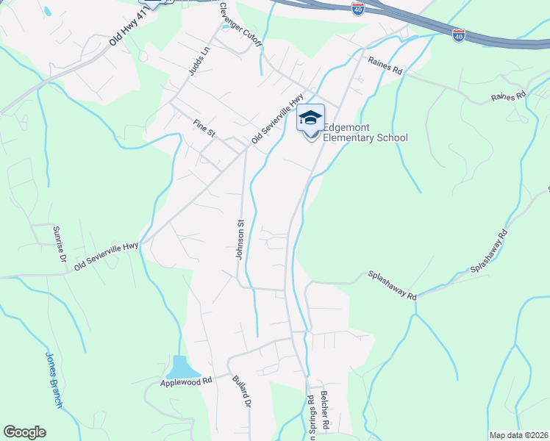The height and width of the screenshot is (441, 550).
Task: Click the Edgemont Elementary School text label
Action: (x=365, y=132)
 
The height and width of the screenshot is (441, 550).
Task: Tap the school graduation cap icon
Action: (x=310, y=118)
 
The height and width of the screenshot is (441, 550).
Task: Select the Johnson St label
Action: (x=240, y=238)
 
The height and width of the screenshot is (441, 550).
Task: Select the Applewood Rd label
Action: (x=186, y=382)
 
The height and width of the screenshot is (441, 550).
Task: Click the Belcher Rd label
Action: (x=324, y=412)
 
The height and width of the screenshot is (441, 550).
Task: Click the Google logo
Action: (x=24, y=432)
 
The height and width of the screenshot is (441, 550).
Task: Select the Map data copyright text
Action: (x=519, y=435)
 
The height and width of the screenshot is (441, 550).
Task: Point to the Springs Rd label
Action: (x=311, y=416)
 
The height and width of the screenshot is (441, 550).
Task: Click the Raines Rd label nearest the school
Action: (x=386, y=71)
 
